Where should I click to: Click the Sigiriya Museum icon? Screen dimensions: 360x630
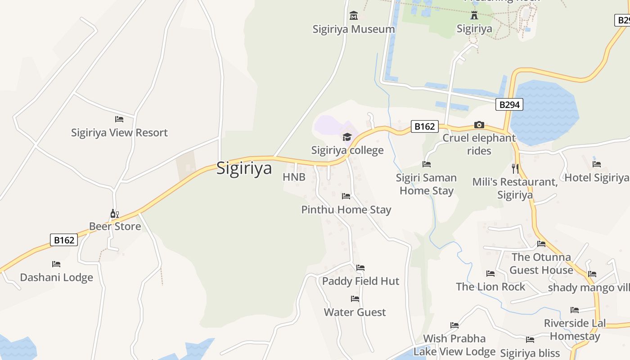point(354,16)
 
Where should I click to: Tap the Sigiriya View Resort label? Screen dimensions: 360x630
point(119,133)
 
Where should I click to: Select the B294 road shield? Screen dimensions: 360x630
point(509,105)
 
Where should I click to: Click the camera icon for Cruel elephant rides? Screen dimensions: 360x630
point(479,125)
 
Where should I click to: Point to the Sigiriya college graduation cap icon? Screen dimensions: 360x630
point(347,137)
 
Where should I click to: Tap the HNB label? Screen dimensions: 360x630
point(294,177)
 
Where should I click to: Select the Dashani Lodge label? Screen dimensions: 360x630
point(56,277)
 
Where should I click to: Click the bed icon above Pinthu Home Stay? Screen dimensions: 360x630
point(346,196)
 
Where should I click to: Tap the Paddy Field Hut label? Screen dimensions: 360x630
point(360,281)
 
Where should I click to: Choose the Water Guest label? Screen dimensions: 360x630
point(355,312)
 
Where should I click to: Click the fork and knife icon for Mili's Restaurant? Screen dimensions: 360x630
point(515,169)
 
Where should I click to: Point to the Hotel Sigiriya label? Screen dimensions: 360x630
point(596,178)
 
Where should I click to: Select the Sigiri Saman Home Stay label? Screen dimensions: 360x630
point(426,184)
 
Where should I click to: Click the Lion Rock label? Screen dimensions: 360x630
point(490,287)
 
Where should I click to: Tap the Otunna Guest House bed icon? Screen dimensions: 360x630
point(541,244)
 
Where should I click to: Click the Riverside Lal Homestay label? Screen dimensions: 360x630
point(575,329)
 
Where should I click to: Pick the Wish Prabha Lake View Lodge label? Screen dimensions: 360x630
point(454,345)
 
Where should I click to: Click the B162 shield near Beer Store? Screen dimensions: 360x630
point(64,240)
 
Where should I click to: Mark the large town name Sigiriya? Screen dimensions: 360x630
point(244,168)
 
